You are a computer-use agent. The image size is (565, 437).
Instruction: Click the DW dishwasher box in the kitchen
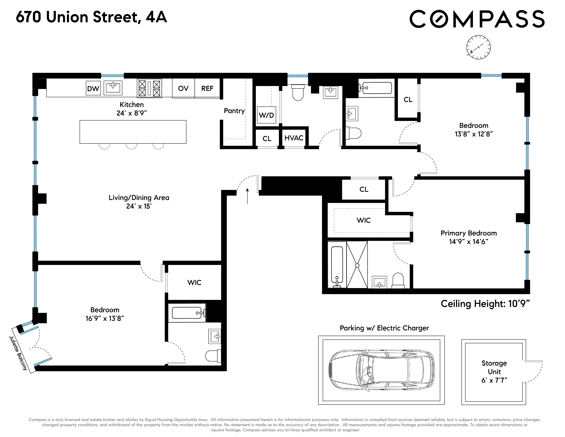point(93,88)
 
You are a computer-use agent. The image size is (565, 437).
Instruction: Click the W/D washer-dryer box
point(266,115)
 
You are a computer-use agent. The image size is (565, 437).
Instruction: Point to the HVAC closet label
point(294,138)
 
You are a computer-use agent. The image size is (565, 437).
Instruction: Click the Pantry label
point(234,111)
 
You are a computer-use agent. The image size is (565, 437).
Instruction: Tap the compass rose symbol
point(478,47)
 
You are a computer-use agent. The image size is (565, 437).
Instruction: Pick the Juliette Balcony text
point(18,353)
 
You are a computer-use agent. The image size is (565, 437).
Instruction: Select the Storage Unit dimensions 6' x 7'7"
point(494,380)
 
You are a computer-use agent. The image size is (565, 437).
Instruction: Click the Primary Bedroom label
point(468,233)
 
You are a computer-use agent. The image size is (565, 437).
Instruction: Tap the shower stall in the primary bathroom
point(357,265)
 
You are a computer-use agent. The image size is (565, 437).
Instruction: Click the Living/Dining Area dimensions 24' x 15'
point(139,206)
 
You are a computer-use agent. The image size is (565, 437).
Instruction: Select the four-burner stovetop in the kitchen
point(149,88)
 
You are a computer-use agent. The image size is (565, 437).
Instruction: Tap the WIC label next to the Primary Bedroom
point(363,220)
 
